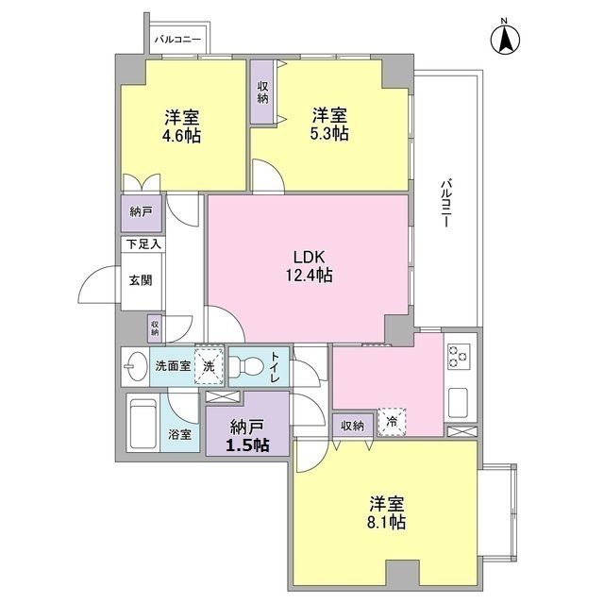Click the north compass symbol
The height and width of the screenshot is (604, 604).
pos(505,39)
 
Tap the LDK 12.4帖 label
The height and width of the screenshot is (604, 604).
pos(310,266)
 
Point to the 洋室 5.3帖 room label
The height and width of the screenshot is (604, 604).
pos(329,125)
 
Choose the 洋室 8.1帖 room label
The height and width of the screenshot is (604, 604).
pos(387,511)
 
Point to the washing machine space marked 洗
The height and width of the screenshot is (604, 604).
pos(210,364)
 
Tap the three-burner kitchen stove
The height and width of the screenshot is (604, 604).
pos(460,357)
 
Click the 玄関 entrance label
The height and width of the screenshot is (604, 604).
pos(142,280)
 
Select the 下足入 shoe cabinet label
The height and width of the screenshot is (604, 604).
pos(143,243)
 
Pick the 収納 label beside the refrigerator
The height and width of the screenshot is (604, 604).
pos(353,426)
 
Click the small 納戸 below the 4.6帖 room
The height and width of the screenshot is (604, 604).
pos(141,212)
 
